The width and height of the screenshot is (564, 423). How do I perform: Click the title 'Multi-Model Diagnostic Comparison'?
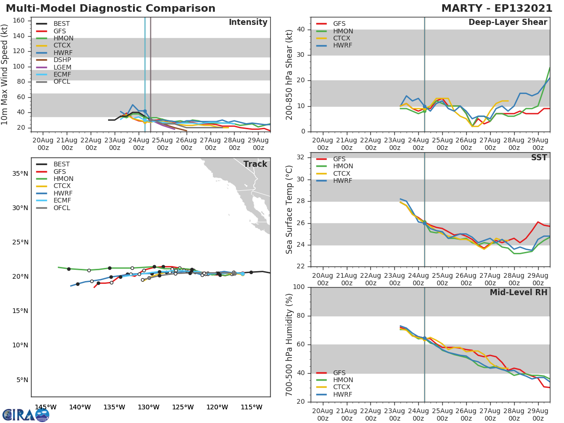tap(110, 8)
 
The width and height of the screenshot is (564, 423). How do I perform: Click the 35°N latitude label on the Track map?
tap(20, 173)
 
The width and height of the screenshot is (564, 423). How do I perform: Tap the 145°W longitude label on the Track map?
tap(46, 407)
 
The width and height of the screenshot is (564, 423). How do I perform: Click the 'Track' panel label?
tap(255, 164)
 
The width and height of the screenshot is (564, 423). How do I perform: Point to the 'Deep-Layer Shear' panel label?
tap(508, 23)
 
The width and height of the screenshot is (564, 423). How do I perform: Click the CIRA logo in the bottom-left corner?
tap(26, 415)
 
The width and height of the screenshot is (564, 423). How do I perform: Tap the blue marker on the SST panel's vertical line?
tap(424, 223)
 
